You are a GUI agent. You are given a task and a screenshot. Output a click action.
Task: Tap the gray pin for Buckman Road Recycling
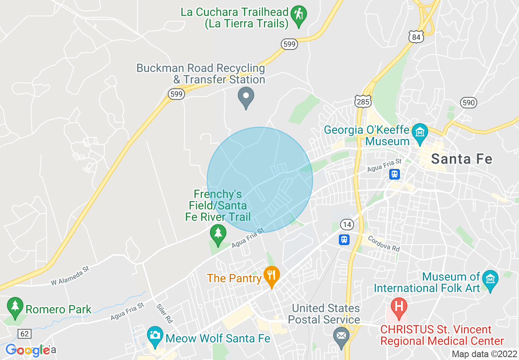(246, 97)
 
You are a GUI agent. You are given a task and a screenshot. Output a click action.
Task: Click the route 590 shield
(468, 102)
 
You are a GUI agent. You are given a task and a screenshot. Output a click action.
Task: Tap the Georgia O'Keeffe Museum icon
(420, 133)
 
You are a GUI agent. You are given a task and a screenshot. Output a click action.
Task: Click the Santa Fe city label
(462, 159)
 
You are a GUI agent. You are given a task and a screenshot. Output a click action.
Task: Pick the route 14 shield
(347, 224)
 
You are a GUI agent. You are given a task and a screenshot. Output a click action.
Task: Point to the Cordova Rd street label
(384, 243)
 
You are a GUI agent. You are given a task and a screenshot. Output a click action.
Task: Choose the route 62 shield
(25, 334)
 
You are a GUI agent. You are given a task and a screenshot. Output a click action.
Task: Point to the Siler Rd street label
(161, 313)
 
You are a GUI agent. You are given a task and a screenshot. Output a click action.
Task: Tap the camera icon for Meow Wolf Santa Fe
(155, 335)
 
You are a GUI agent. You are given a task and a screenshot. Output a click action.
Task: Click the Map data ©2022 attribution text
(484, 354)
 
